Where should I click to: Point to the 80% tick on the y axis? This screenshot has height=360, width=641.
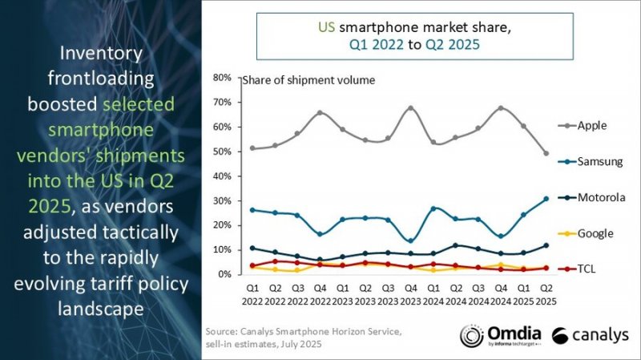tap(222, 78)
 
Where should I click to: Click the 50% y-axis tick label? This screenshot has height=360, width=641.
tap(222, 152)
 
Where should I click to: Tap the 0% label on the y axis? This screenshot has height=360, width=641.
tap(225, 274)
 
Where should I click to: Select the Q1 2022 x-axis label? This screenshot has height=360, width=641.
tap(252, 293)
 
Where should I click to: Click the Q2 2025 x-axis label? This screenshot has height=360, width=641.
tap(546, 293)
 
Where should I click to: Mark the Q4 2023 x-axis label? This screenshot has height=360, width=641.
tap(410, 293)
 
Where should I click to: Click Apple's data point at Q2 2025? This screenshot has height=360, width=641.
tap(546, 153)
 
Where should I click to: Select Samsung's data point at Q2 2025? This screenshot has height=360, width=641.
tap(546, 199)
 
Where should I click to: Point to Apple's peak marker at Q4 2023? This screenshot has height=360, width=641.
tap(410, 108)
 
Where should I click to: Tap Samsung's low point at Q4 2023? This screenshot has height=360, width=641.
tap(410, 241)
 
